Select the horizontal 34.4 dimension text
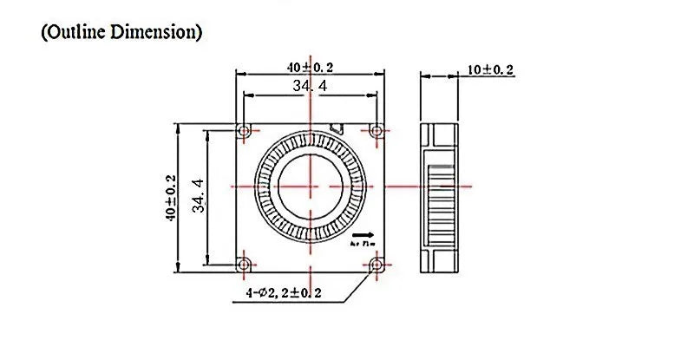pos(310,87)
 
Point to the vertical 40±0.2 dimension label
pos(170,197)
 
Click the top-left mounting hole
pos(244,131)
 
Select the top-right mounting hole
pos(376,131)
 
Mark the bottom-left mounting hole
pos(244,264)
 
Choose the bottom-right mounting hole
pos(376,264)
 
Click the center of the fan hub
pos(310,187)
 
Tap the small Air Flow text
pos(363,245)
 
